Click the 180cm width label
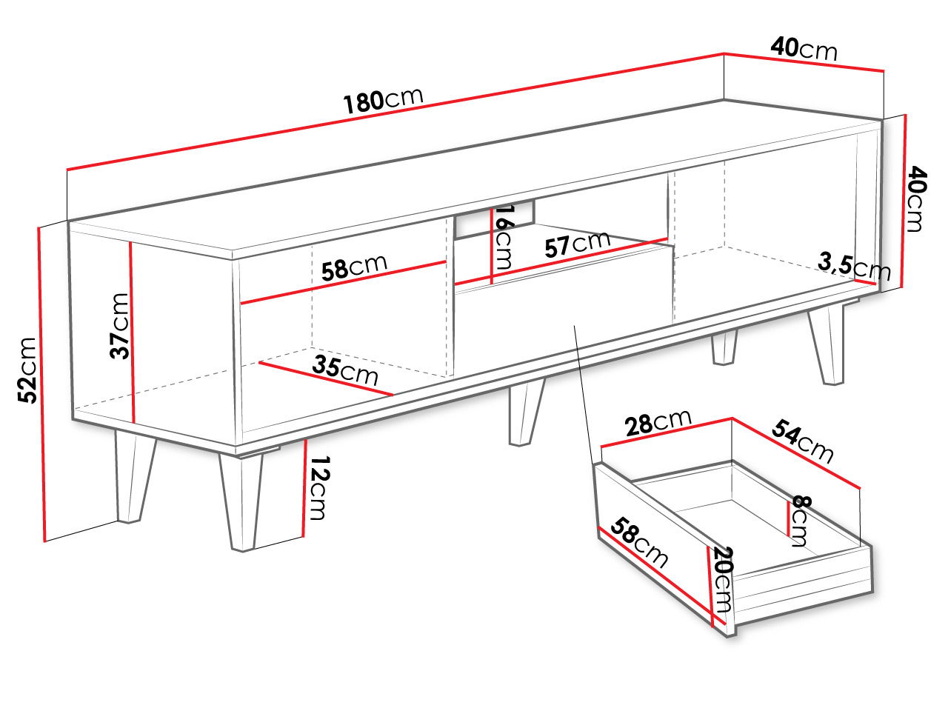pos(383,101)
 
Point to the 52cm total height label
pos(27,370)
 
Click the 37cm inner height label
pos(119,327)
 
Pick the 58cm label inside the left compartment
pos(354,267)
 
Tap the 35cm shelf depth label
pos(345,370)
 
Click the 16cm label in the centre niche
pos(504,237)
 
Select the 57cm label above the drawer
pos(577,244)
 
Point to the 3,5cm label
pos(854,267)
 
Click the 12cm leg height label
pos(319,488)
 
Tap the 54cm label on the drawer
pos(802,441)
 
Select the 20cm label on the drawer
pos(722,579)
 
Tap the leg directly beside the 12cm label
pos(241,501)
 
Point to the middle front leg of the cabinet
pos(526,412)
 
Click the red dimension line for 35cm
pos(326,378)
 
